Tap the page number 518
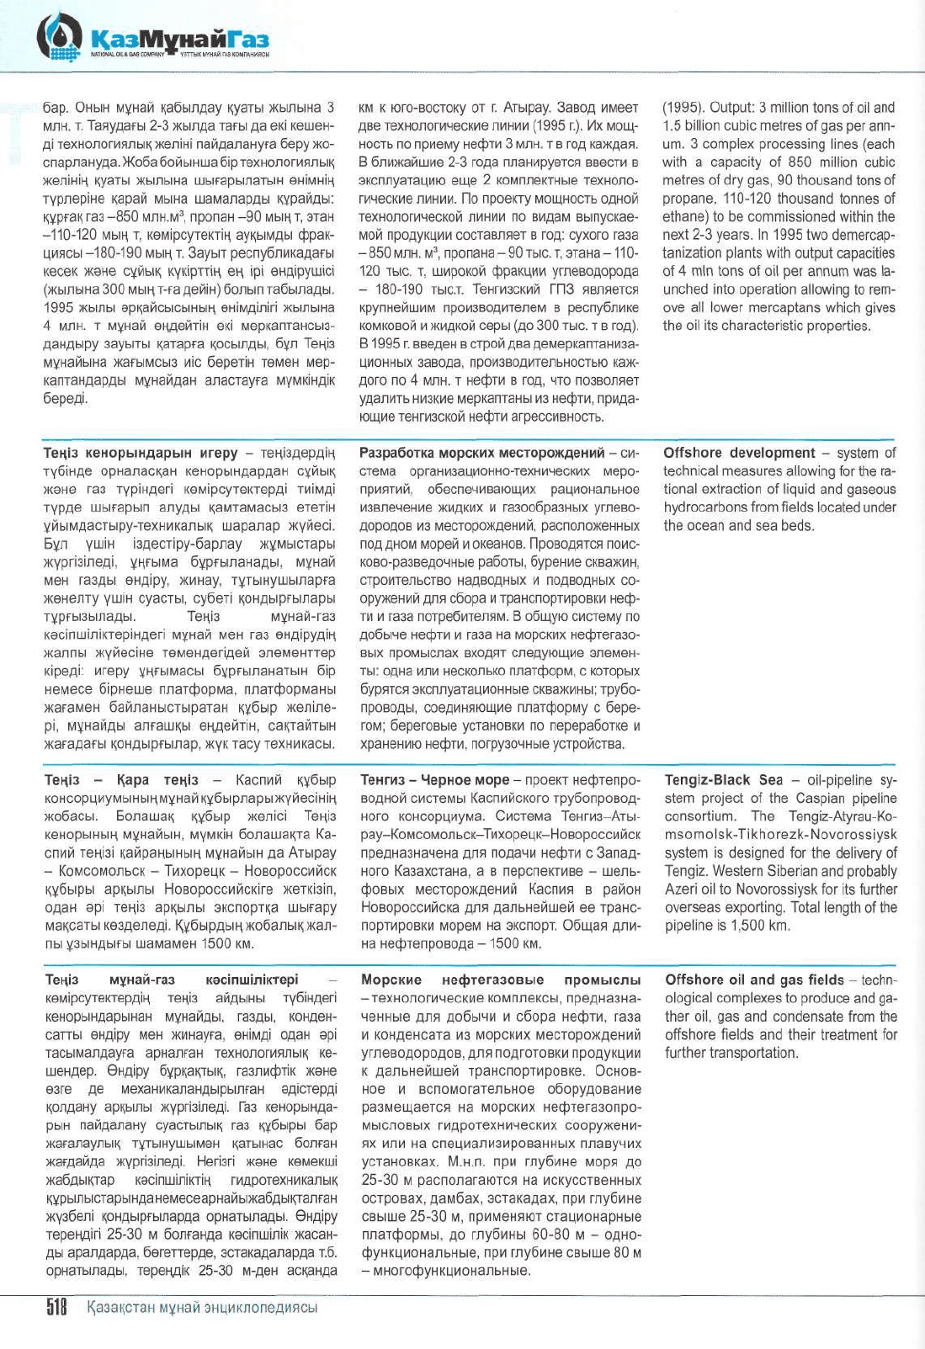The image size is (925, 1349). (56, 1307)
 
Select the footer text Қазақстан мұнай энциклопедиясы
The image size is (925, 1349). (203, 1307)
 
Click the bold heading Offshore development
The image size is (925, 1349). (739, 453)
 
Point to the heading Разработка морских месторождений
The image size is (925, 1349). (482, 453)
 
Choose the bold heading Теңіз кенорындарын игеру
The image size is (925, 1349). (141, 453)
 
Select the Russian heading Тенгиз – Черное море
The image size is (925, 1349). (435, 780)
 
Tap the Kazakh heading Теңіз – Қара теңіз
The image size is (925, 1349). (121, 780)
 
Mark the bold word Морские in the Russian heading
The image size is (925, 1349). (391, 980)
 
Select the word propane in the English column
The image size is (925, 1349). (686, 199)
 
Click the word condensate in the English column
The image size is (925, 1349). (792, 1017)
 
